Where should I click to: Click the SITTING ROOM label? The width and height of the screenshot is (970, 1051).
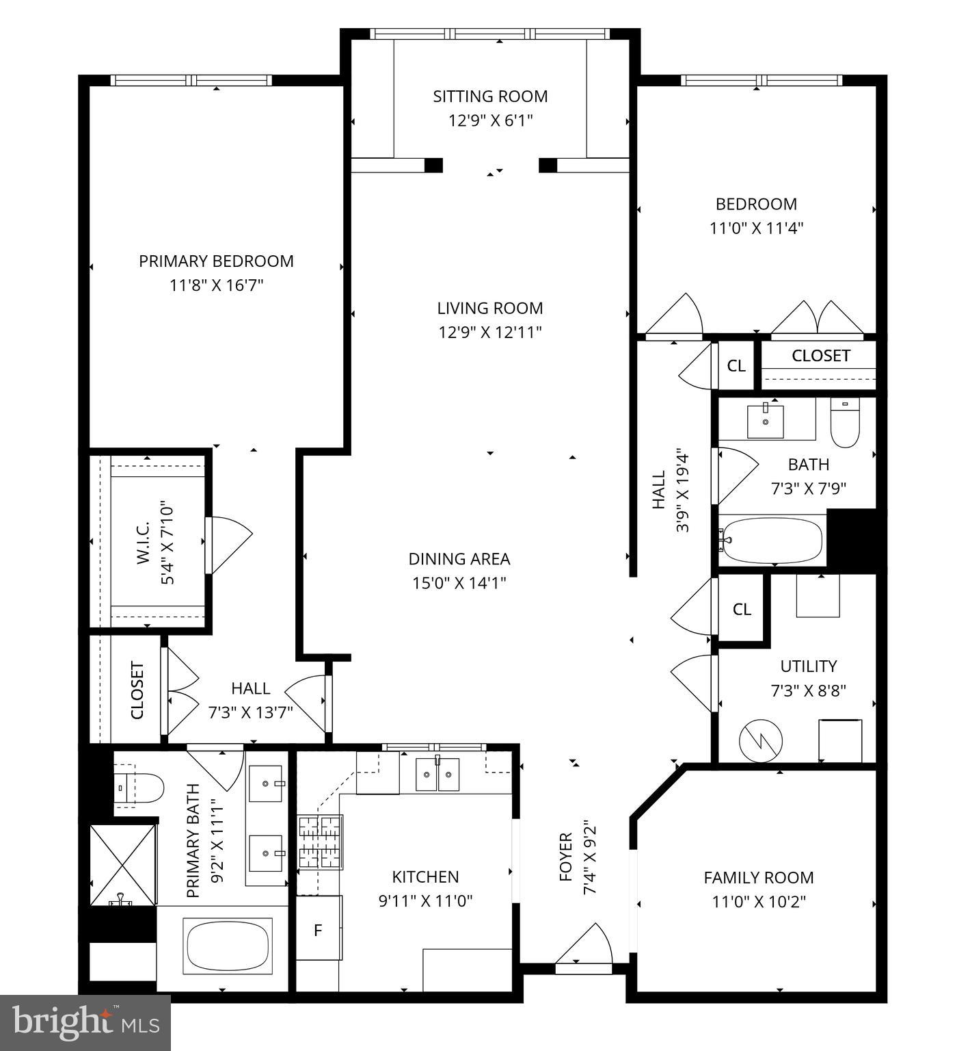(x=490, y=96)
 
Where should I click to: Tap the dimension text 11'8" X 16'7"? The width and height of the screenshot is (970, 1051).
(x=216, y=285)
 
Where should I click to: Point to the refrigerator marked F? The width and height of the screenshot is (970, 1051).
(x=318, y=931)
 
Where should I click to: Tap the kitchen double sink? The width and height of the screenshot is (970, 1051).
(x=438, y=774)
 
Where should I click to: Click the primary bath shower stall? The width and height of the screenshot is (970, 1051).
(x=123, y=865)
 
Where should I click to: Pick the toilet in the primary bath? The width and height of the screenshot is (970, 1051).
(x=139, y=788)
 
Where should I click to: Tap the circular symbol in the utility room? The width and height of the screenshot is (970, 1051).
(x=760, y=740)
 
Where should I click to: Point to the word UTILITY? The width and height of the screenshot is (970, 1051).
(x=808, y=666)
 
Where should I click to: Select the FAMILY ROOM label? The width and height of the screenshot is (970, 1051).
(x=759, y=878)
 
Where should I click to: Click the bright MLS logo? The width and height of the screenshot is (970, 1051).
(x=85, y=1022)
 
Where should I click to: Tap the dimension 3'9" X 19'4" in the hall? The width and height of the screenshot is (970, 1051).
(x=682, y=490)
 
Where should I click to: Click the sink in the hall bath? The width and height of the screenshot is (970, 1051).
(x=765, y=421)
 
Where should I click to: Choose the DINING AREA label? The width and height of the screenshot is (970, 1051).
(x=459, y=559)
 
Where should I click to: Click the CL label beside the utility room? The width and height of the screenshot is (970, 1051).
(x=742, y=609)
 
